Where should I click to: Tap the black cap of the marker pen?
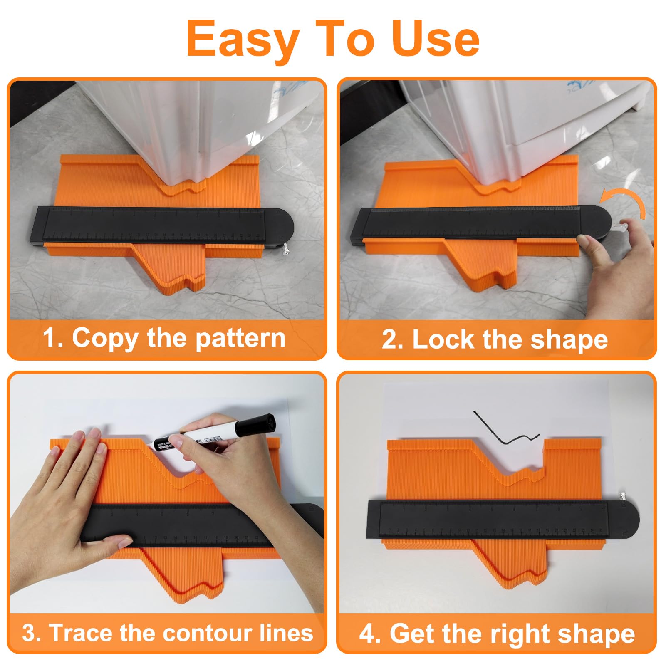pyautogui.click(x=262, y=424)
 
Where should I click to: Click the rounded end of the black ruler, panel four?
pyautogui.click(x=624, y=518)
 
